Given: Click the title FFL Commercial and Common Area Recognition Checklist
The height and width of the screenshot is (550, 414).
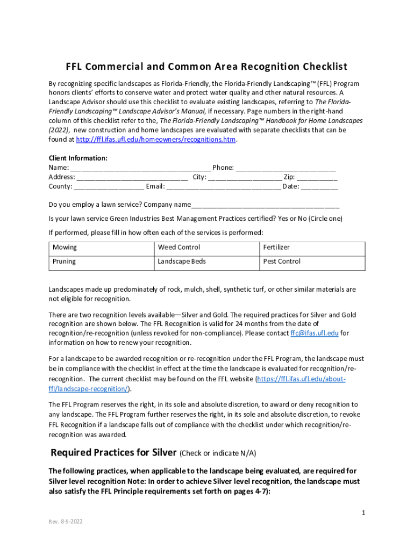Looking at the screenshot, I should (x=206, y=67).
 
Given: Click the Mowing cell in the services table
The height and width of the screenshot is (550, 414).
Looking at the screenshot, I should (x=101, y=248).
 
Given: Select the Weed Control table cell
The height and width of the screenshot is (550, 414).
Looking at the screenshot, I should (x=206, y=248).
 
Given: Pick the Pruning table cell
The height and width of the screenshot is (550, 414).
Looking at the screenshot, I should (x=101, y=262).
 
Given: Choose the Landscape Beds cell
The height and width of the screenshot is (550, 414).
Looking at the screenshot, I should (x=206, y=262).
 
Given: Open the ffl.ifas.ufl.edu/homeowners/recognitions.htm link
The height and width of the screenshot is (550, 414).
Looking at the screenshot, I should (x=155, y=140).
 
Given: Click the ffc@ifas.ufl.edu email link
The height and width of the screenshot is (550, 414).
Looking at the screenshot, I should (x=314, y=333).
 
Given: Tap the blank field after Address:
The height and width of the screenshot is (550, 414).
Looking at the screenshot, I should (x=132, y=178).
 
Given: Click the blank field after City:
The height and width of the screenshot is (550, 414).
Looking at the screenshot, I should (x=245, y=178).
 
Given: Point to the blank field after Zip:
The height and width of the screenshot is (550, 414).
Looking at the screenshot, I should (x=317, y=178).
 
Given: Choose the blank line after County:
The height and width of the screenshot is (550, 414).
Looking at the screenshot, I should (x=109, y=187).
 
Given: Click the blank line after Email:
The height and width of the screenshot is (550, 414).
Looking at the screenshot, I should (x=223, y=187).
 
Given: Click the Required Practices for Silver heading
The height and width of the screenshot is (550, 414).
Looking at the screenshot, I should (x=113, y=452).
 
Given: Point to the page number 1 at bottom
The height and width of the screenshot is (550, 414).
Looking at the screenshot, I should (x=363, y=513).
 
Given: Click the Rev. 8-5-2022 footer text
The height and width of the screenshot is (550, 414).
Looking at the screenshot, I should (x=66, y=522).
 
